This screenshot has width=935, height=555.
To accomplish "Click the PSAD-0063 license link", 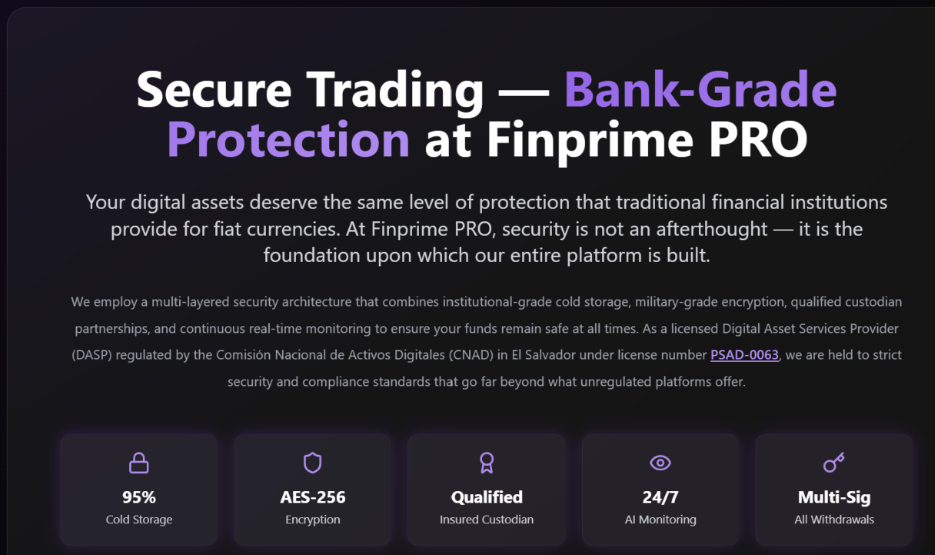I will (x=744, y=355).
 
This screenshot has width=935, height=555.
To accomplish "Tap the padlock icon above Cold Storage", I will (x=139, y=463).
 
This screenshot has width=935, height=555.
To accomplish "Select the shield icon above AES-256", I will (x=312, y=463).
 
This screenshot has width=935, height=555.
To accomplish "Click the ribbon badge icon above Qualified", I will (x=486, y=463).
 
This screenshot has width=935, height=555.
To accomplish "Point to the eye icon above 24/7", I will (x=660, y=463).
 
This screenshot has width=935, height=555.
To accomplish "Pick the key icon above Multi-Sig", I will (x=834, y=463).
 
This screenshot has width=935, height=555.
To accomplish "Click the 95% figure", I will (x=139, y=497).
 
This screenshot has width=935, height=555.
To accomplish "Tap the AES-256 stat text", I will (x=313, y=497).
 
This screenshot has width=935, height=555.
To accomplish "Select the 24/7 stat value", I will (x=660, y=497).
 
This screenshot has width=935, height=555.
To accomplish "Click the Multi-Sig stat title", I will (x=834, y=497).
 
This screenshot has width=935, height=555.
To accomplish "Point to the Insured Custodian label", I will (x=487, y=520).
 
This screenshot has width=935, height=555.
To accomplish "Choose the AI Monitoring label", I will (x=660, y=520).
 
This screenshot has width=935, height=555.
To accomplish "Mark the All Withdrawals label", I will (x=834, y=520).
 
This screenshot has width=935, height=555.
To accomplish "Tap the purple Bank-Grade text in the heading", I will (x=700, y=90).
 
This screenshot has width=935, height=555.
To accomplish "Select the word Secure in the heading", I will (x=214, y=90).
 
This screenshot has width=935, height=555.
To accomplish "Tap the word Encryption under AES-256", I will (x=313, y=520).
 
